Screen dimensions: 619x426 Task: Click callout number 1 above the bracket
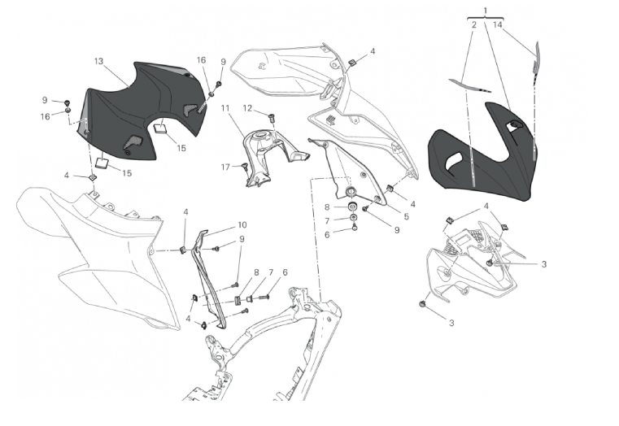(486, 11)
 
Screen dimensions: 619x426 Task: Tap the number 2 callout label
(473, 25)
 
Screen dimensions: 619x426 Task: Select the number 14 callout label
(498, 25)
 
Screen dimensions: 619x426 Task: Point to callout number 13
(98, 61)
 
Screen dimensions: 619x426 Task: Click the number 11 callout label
(225, 108)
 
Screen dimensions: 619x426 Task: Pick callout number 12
(247, 108)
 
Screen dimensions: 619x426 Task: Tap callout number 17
(225, 167)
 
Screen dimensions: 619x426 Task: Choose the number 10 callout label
(242, 225)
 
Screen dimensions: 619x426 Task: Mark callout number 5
(406, 216)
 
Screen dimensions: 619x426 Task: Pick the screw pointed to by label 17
(244, 167)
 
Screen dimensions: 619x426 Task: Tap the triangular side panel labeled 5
(347, 170)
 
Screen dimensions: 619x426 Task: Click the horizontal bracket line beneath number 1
(486, 18)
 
